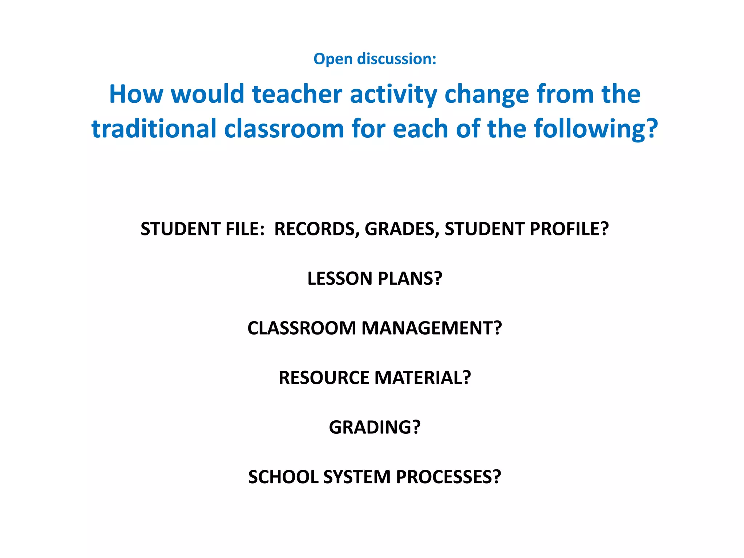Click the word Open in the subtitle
tap(333, 59)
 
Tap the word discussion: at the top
tap(397, 59)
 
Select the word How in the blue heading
tap(136, 94)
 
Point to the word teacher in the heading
tap(297, 94)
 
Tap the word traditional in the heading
tap(154, 129)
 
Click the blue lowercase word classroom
tap(284, 129)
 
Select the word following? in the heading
tap(596, 129)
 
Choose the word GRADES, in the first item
tap(401, 229)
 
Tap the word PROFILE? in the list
tap(569, 229)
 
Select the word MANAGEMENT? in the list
tap(432, 328)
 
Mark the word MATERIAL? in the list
tap(422, 378)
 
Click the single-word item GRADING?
tap(375, 427)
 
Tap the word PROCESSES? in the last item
tap(448, 477)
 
